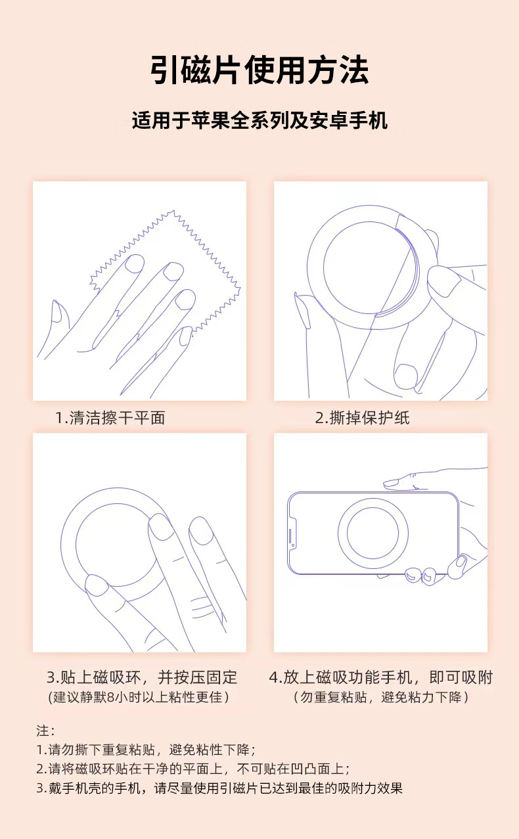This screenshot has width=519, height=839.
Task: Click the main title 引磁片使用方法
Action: click(259, 70)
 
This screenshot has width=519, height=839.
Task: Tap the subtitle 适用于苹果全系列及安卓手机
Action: click(259, 120)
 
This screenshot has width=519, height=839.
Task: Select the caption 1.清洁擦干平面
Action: click(110, 418)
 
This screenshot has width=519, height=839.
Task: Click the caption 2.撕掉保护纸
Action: click(362, 418)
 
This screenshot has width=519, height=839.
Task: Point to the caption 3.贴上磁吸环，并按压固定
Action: click(141, 677)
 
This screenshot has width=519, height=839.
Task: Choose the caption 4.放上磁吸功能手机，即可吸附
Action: click(380, 677)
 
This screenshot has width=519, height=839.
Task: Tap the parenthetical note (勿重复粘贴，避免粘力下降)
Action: click(380, 697)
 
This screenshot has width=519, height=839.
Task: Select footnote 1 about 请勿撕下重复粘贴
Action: click(145, 750)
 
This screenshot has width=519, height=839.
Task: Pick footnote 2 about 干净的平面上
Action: click(192, 769)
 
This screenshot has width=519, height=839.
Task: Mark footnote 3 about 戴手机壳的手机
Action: click(219, 788)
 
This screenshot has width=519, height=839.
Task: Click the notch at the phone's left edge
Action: click(292, 533)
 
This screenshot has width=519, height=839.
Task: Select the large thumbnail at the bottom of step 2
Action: click(407, 375)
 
